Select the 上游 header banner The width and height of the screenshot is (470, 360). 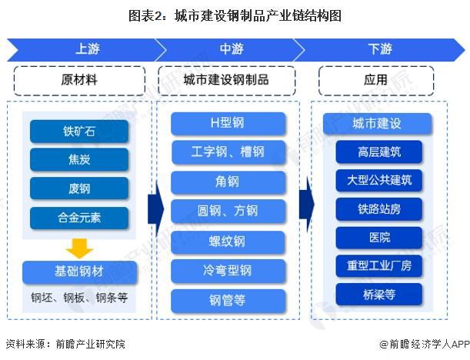coord(85,49)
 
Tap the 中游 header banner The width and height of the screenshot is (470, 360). coord(231,49)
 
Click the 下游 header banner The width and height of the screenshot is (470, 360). coord(379,49)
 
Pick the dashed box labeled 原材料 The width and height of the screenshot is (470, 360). coord(79,80)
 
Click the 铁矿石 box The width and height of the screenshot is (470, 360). coord(79,132)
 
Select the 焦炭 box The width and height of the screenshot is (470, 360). coord(79,160)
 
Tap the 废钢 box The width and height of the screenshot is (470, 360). coord(79,188)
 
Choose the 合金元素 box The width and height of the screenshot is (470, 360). coord(79,217)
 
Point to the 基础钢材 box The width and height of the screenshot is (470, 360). coord(79,272)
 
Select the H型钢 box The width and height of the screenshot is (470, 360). coord(228,123)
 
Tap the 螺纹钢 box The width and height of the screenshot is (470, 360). coord(228,242)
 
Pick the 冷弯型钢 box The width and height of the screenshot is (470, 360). coord(228,271)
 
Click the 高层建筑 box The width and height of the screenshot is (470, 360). coord(378,152)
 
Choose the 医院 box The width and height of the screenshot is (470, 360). coord(378,237)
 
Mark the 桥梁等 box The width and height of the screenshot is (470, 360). coord(378,294)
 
